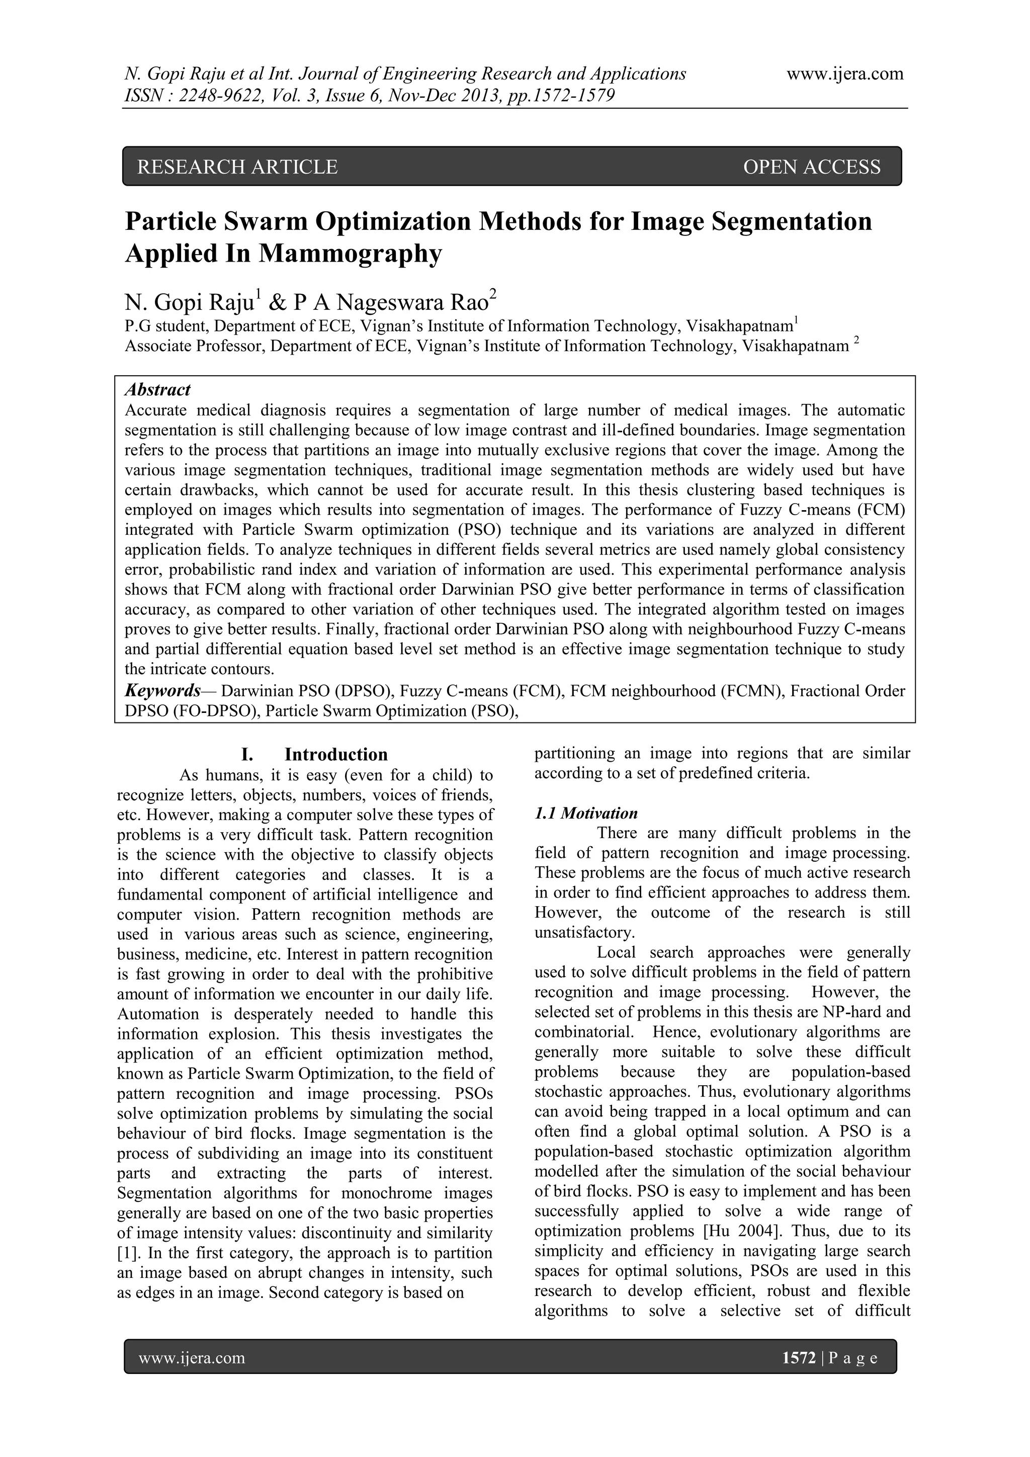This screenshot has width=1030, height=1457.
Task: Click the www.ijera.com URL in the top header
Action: coord(845,74)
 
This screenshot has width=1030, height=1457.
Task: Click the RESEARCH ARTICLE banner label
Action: coord(237,167)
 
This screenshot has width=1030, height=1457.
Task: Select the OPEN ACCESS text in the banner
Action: coord(811,167)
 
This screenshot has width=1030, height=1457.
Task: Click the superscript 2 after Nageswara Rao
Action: coord(493,293)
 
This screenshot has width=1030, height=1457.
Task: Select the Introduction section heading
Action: coord(335,755)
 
